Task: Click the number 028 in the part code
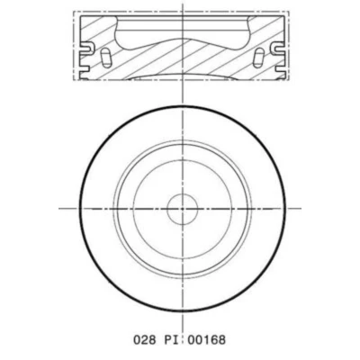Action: click(x=145, y=340)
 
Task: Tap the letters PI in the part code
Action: click(x=171, y=340)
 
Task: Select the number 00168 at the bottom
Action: click(x=206, y=340)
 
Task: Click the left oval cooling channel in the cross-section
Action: click(x=105, y=58)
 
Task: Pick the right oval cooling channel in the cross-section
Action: click(x=258, y=58)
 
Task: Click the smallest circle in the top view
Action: click(x=183, y=209)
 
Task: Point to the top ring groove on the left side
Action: click(x=86, y=47)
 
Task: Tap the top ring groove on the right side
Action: click(x=276, y=47)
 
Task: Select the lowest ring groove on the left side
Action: click(x=85, y=69)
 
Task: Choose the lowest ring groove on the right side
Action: click(x=279, y=69)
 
